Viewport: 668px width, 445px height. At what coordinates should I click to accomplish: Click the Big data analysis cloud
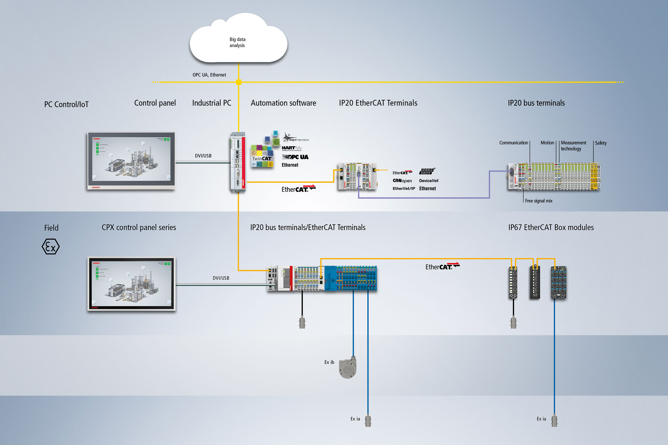coord(238,40)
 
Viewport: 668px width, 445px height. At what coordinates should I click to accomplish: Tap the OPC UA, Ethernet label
coord(209,75)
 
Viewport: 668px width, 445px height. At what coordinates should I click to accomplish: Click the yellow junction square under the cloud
coord(239,82)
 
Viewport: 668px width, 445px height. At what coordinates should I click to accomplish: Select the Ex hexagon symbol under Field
coord(51,246)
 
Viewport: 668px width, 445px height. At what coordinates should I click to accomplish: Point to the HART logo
coord(291,148)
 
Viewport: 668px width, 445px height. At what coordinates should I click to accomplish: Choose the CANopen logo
coord(402,181)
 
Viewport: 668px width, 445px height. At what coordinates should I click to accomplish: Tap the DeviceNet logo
coord(429,181)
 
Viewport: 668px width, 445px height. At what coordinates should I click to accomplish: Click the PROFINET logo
coord(427,171)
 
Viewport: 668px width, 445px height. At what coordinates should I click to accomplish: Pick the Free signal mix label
coord(539,201)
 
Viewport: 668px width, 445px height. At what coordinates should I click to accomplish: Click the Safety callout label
coord(600,143)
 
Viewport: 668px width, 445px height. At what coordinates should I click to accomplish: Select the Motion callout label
coord(547,143)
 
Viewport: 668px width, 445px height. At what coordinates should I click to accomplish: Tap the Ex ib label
coord(329,362)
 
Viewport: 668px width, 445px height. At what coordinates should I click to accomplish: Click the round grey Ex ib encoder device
coord(348,369)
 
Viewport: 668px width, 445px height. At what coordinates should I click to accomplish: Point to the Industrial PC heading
coord(212,103)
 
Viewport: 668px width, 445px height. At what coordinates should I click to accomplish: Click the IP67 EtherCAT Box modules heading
coord(551,228)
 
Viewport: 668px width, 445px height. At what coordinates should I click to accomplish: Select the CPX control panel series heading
coord(139,228)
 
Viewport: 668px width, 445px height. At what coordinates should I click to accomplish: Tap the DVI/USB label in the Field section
coord(221,278)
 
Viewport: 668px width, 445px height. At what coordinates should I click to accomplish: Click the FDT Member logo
coord(296,139)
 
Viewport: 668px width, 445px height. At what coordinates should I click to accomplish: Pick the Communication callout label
coord(514,143)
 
